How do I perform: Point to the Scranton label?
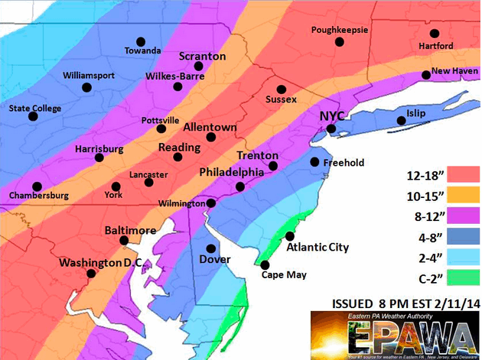pyautogui.click(x=202, y=57)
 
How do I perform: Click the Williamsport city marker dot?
pyautogui.click(x=86, y=88)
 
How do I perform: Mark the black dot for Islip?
pyautogui.click(x=401, y=121)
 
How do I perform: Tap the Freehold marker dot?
pyautogui.click(x=314, y=162)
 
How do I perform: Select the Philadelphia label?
pyautogui.click(x=231, y=173)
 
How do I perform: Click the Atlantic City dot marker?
pyautogui.click(x=290, y=235)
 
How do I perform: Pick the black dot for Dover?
pyautogui.click(x=212, y=248)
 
